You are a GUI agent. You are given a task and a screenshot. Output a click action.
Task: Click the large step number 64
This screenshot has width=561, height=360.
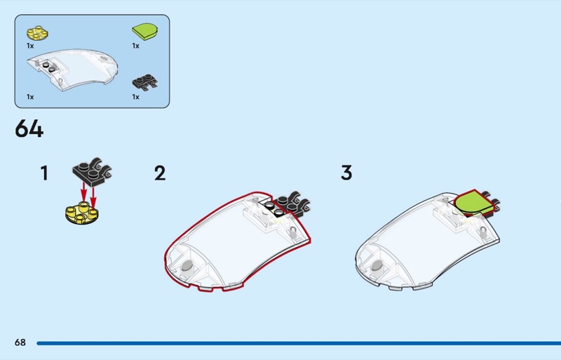coord(29,128)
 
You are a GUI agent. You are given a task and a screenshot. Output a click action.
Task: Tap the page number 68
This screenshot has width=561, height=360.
coord(20,342)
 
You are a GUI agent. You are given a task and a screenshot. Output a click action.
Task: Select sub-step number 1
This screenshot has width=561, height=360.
coord(44,173)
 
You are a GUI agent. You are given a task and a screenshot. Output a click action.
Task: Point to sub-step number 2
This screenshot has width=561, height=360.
coord(160,173)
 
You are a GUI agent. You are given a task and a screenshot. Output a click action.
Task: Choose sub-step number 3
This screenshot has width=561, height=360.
coord(346,173)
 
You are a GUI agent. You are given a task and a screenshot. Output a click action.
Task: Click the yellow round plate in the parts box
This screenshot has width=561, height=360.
coord(37,33)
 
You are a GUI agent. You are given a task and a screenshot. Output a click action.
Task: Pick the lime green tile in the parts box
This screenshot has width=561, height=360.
coord(145,31)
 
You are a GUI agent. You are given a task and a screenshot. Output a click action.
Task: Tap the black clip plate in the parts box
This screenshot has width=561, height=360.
coord(145,82)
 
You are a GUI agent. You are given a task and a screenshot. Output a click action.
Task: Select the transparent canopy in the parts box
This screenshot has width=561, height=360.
coord(72,70)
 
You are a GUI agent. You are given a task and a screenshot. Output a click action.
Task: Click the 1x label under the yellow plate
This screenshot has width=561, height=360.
coord(30,46)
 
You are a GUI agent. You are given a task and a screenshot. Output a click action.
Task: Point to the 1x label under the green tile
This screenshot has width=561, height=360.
coord(135,46)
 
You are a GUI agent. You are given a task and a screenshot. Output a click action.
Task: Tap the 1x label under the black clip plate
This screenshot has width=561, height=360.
coord(135,97)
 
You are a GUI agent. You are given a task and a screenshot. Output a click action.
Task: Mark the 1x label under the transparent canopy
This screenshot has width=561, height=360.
coord(30,97)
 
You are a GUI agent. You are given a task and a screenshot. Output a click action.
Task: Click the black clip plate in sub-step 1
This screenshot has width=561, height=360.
coord(92,172)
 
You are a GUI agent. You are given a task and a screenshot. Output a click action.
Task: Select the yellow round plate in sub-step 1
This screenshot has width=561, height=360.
coord(82,213)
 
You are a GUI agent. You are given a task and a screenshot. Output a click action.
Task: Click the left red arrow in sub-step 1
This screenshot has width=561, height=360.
coord(83,192)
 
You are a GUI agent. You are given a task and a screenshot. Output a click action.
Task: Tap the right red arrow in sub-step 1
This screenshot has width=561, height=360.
coord(93,197)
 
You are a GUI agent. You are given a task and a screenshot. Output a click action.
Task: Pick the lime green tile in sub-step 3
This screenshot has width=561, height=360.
coord(473,203)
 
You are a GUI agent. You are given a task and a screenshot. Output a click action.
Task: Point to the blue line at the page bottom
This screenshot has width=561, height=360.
coord(299,343)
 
